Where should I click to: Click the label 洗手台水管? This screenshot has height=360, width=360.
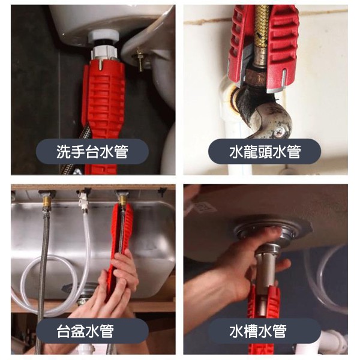(x=92, y=152)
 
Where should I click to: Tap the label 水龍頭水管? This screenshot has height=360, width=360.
(x=265, y=152)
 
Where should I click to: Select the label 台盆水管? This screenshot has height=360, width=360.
(x=85, y=331)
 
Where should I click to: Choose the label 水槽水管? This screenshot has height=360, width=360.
(x=258, y=331)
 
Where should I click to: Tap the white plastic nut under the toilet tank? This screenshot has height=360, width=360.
(x=104, y=37)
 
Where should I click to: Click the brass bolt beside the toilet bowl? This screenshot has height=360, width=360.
(x=139, y=60)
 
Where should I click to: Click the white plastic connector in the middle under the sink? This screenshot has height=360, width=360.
(x=83, y=200)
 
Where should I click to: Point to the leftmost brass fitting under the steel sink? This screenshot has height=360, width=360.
(x=47, y=202)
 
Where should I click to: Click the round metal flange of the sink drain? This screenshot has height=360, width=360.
(x=268, y=230)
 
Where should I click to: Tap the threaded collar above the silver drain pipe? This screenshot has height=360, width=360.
(x=268, y=248)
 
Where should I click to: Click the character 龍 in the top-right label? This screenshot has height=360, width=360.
(x=250, y=152)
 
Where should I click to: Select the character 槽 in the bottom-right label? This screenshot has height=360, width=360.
(x=250, y=331)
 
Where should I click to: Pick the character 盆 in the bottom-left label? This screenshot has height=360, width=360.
(x=78, y=331)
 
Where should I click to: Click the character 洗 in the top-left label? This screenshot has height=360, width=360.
(x=64, y=152)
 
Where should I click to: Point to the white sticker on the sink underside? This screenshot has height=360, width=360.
(x=205, y=208)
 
